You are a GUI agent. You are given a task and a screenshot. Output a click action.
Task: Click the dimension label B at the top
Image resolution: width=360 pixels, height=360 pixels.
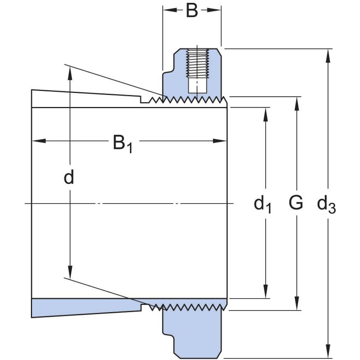[192, 10]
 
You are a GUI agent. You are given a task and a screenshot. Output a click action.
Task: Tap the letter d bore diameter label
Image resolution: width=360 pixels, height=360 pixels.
[69, 177]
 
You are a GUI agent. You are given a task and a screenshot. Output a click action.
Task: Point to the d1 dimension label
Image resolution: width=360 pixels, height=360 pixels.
[263, 204]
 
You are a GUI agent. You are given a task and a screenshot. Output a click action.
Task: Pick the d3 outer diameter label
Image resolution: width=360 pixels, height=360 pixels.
[326, 204]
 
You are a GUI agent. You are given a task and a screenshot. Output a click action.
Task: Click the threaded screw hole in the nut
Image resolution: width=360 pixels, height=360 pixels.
[198, 63]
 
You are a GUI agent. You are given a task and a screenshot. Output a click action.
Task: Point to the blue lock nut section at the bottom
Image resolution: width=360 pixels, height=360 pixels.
[193, 332]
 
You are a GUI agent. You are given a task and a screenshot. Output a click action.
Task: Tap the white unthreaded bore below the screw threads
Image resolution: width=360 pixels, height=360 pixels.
[198, 86]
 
